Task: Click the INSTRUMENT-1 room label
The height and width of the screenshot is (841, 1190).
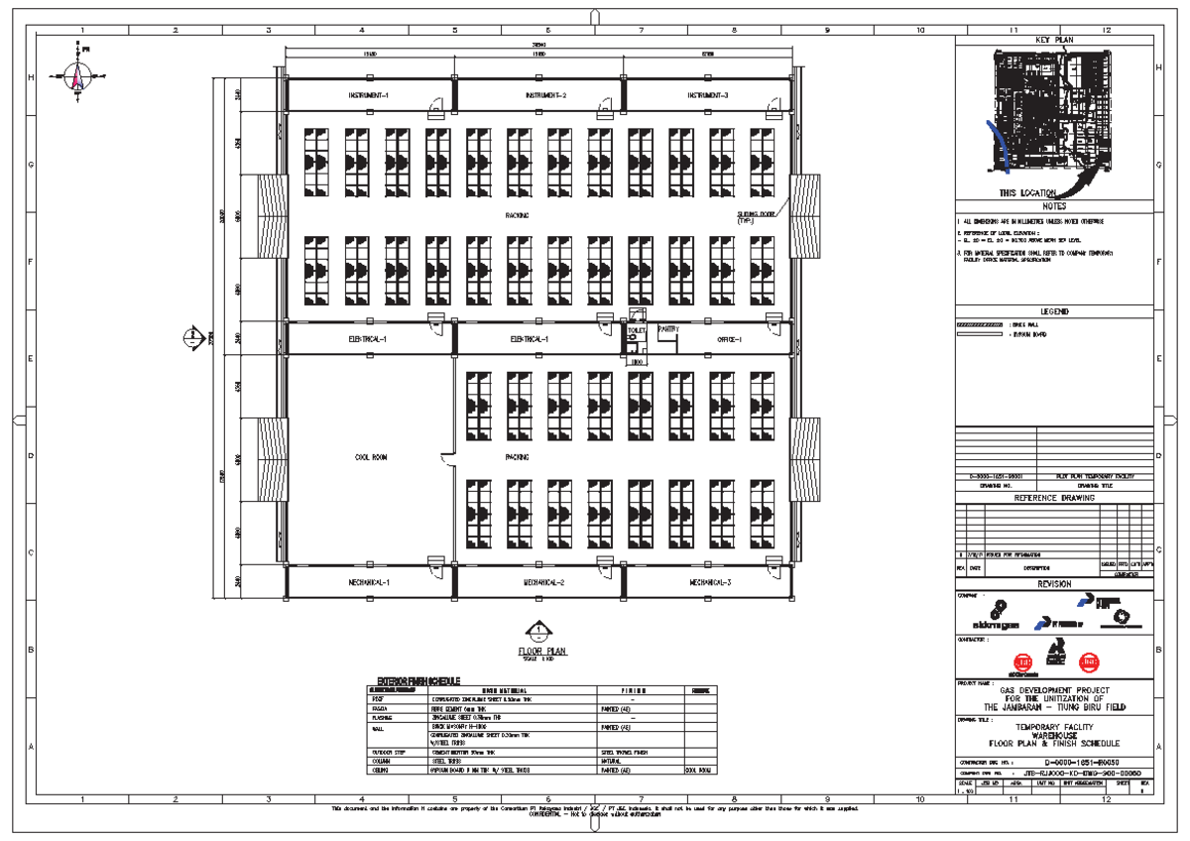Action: (x=368, y=95)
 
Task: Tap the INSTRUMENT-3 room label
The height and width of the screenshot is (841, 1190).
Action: (x=708, y=95)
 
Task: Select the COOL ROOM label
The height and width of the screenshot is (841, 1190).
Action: (x=370, y=457)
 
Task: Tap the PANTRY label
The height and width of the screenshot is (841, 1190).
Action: (x=666, y=328)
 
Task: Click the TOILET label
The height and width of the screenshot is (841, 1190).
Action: (x=636, y=329)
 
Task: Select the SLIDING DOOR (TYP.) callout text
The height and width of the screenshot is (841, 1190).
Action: (x=759, y=218)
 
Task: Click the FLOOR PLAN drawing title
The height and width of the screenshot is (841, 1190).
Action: (x=542, y=652)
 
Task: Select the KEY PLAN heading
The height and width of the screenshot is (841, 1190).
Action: (x=1054, y=40)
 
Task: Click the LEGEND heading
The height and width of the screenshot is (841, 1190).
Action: (x=1054, y=311)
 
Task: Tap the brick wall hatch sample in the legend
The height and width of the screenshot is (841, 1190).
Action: (x=979, y=324)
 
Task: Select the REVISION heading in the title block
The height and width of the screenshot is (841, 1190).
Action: (x=1054, y=584)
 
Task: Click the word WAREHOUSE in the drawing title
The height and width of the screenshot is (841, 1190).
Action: (x=1054, y=734)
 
